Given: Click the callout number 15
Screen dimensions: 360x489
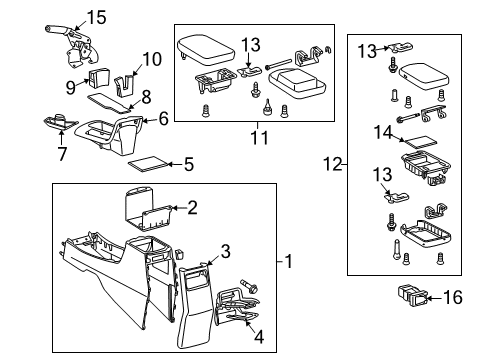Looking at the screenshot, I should click(x=96, y=16).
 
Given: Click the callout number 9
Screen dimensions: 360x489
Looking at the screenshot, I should click(x=71, y=87).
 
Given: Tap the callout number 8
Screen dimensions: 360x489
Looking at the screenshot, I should click(x=147, y=98).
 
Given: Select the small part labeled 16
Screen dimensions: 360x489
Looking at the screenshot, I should click(x=410, y=295).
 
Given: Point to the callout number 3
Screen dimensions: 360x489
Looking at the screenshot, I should click(x=225, y=250).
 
